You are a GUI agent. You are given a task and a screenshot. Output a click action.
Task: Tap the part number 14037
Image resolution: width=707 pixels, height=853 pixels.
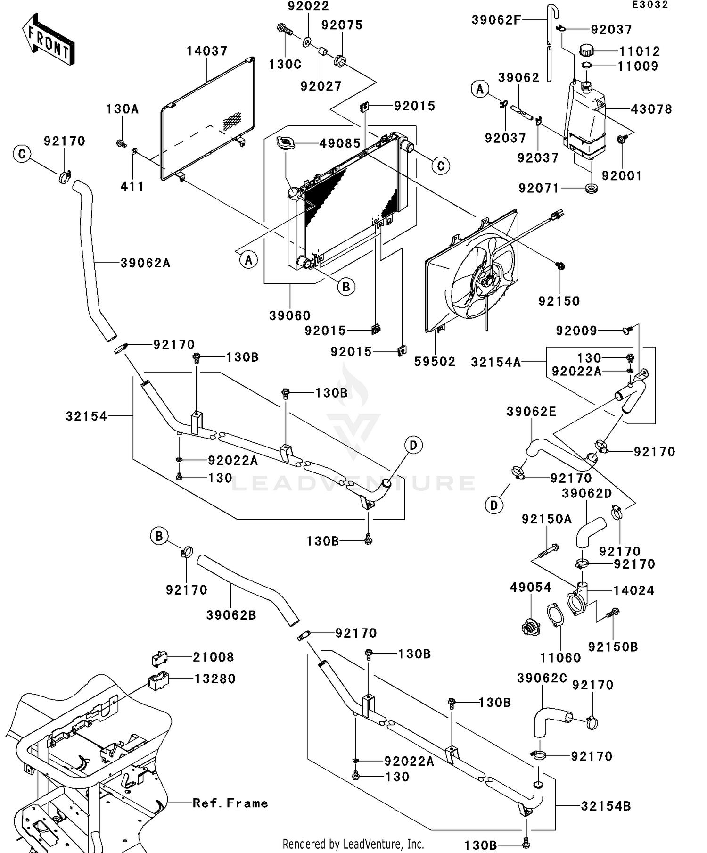click(207, 51)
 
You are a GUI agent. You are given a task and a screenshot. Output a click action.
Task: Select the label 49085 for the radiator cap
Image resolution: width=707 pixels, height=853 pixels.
click(340, 143)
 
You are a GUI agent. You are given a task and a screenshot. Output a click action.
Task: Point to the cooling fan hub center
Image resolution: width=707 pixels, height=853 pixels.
click(487, 282)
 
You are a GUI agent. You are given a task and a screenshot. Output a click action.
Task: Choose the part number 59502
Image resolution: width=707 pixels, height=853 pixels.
click(435, 362)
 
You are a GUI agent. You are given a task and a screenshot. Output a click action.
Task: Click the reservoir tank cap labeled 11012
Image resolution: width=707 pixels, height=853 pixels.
click(587, 50)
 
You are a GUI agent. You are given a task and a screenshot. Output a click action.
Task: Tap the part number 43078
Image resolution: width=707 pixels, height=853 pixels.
click(651, 109)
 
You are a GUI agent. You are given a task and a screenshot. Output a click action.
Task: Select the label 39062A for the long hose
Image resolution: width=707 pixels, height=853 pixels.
click(145, 263)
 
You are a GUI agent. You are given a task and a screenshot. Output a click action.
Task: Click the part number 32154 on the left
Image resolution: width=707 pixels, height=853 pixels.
click(86, 416)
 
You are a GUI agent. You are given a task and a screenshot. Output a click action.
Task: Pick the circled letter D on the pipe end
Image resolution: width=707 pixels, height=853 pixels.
click(413, 445)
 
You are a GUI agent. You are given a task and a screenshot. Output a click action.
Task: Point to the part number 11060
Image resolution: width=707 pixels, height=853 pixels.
click(560, 658)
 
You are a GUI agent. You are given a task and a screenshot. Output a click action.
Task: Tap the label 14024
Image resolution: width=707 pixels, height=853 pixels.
click(633, 590)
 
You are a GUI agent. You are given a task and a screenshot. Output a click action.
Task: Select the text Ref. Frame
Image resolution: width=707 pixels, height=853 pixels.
click(230, 803)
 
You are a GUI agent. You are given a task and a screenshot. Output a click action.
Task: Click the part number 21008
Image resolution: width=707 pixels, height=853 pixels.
click(213, 657)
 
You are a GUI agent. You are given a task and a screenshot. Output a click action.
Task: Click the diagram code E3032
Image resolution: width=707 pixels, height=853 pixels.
click(650, 5)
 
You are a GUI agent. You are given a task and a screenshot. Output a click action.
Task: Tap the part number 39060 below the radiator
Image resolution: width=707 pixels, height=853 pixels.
click(290, 315)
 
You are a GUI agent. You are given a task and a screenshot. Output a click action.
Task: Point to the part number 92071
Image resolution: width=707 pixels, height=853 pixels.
click(539, 189)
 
